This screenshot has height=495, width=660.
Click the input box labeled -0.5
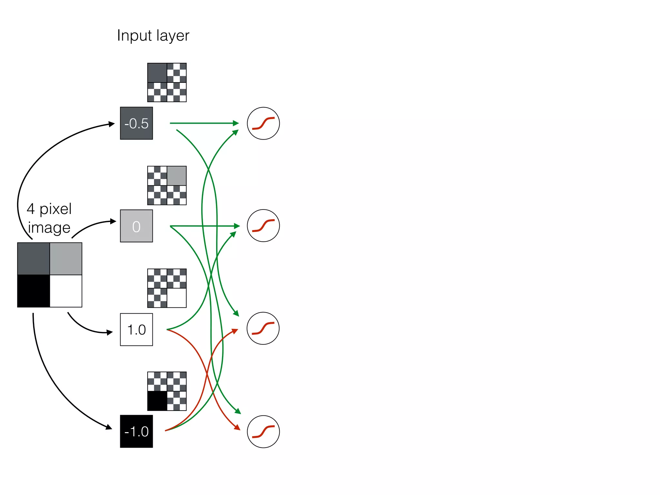pos(136,123)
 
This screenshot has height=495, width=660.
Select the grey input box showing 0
pos(136,226)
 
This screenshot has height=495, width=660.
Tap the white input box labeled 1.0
pos(136,329)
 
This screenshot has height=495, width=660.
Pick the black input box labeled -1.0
pos(136,431)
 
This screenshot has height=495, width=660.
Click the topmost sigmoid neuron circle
pos(263,123)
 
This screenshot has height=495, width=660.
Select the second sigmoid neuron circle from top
pos(263,226)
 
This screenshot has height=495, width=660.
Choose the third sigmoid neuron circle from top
pos(263,328)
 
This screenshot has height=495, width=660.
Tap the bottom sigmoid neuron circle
pos(263,432)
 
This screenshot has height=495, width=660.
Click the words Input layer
pos(153,35)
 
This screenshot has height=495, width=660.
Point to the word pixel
pos(55,209)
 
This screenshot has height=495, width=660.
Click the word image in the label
pos(49,228)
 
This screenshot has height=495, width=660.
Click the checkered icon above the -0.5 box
pos(167,82)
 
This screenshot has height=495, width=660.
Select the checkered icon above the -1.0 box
pos(167,391)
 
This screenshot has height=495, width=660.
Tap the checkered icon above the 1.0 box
pos(167,288)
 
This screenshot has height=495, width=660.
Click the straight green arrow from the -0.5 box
pos(203,123)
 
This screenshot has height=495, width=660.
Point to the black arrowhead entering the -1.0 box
pos(109,427)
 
